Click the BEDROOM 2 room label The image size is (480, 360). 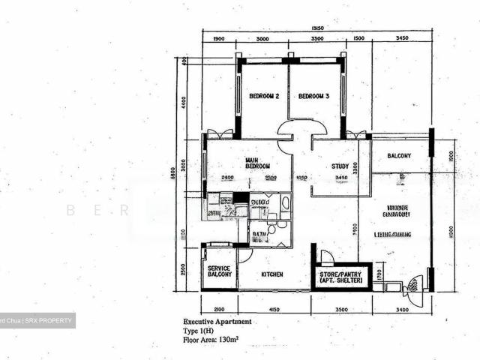click(264, 97)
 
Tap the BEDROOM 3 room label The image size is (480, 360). click(313, 97)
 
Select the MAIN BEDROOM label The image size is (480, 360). click(256, 163)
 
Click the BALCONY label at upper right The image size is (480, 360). click(399, 156)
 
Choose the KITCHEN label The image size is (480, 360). click(271, 275)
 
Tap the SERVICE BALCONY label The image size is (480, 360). click(219, 272)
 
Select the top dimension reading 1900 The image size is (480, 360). click(219, 39)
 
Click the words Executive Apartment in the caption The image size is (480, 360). click(217, 321)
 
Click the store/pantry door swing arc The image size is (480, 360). click(327, 256)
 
